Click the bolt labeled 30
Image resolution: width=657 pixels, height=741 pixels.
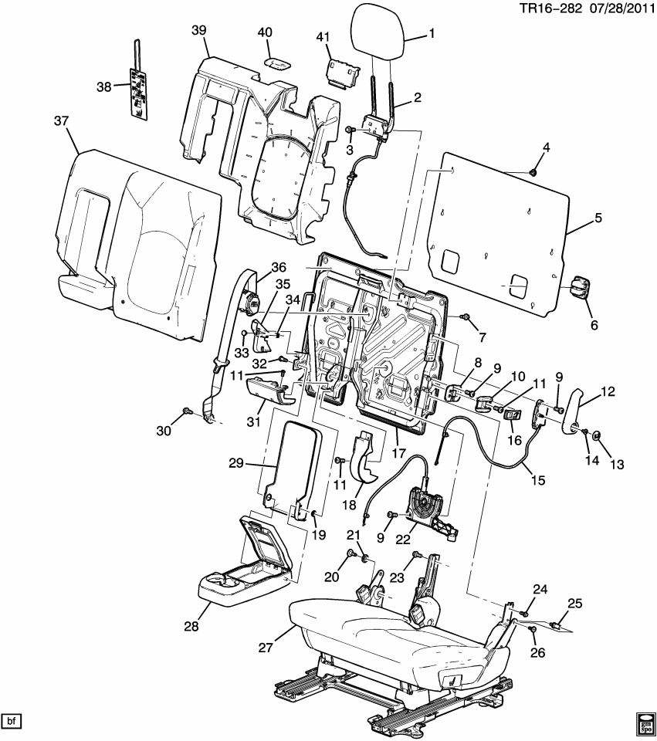[x=187, y=411]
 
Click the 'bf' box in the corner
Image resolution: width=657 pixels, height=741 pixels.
[x=12, y=721]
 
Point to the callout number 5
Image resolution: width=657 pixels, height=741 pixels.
[x=598, y=218]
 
